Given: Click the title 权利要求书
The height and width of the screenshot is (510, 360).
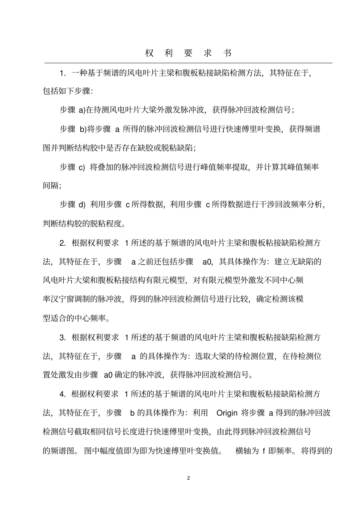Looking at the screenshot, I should tap(188, 53).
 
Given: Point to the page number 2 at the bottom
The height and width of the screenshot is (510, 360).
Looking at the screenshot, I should tap(188, 478).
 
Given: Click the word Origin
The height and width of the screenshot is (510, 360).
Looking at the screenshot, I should tap(227, 413).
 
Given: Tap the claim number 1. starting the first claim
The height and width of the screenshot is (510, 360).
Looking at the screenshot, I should tap(63, 72).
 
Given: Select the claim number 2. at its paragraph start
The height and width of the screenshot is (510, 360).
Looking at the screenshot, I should tap(63, 243).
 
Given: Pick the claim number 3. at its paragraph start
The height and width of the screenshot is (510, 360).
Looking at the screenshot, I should tap(63, 337).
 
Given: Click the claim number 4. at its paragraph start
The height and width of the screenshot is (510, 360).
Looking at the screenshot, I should tap(63, 394).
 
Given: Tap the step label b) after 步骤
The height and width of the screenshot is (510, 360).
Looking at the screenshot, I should tap(83, 129).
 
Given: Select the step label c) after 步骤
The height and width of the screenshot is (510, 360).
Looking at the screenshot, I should tap(82, 167).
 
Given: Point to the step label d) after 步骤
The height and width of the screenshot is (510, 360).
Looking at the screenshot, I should tap(82, 205).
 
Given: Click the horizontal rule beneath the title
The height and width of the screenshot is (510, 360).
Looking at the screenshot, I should tap(188, 63).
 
